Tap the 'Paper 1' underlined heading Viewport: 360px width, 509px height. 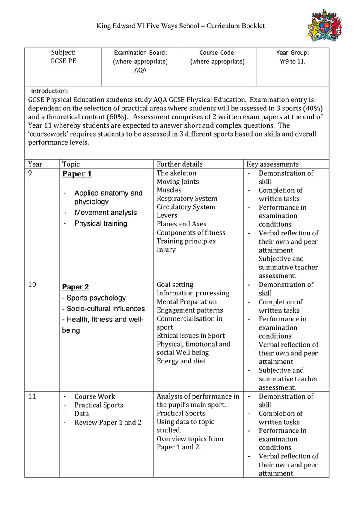[x=77, y=174]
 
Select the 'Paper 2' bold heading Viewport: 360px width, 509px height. [x=76, y=287]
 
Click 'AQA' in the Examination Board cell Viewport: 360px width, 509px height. [x=140, y=70]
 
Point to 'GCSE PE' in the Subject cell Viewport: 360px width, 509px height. [x=63, y=61]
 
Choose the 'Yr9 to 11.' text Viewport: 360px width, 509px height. [x=292, y=61]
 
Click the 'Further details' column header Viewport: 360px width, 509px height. [x=179, y=164]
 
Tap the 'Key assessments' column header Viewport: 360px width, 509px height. [x=273, y=164]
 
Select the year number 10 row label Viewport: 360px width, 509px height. [x=32, y=285]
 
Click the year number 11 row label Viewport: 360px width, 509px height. [x=32, y=396]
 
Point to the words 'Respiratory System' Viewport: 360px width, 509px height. [x=187, y=199]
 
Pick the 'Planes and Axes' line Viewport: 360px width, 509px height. [x=181, y=224]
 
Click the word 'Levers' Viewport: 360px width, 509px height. [x=167, y=216]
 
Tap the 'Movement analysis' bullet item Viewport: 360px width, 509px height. [x=106, y=213]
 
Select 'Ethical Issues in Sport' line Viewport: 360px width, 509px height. [x=190, y=336]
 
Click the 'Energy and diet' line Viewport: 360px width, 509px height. [x=181, y=361]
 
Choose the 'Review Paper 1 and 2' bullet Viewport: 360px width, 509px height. [x=108, y=422]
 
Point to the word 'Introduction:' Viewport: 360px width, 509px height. [x=49, y=91]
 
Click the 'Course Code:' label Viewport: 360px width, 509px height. [x=217, y=53]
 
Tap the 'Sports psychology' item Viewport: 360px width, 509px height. [x=96, y=298]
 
